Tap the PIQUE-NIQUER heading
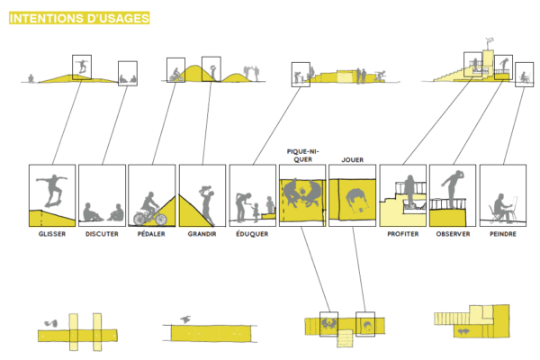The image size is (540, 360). coord(301,154)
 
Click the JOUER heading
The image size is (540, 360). coord(352,159)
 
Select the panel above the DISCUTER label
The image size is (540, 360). coord(102,194)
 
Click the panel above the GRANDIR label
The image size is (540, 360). coord(202,194)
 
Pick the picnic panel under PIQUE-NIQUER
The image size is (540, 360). coord(301,194)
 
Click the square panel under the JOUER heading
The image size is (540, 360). coord(351,194)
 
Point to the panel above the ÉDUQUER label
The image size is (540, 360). coord(252,194)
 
